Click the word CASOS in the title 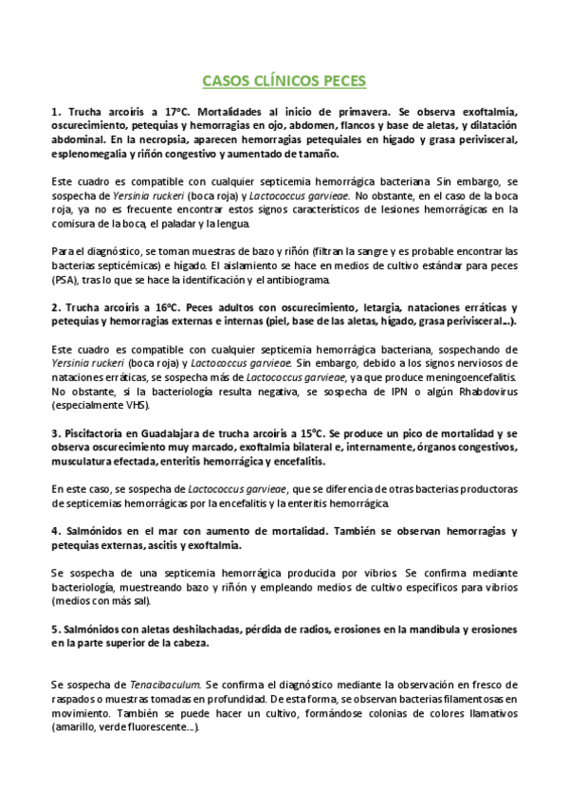[229, 82]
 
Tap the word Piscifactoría [96, 433]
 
